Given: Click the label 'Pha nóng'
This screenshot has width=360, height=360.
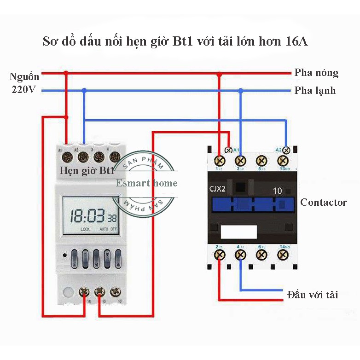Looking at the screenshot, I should (x=316, y=73).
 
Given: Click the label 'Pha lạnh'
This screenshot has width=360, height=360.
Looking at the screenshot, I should (x=315, y=90).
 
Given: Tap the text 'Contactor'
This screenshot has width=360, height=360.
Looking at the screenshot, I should (x=324, y=202).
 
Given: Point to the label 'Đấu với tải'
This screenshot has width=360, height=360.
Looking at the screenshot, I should (x=312, y=295).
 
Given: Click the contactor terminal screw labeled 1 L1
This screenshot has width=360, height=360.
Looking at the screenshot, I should (x=220, y=161).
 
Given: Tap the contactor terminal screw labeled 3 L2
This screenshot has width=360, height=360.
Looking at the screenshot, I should (x=240, y=161).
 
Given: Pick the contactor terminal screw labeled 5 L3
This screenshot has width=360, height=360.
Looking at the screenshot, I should (x=262, y=161).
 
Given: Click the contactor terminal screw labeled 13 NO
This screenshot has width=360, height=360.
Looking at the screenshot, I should (x=283, y=161).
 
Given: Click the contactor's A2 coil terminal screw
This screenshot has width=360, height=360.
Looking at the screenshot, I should (x=286, y=150).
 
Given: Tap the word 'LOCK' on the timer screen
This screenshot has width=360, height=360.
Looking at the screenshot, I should (x=85, y=229).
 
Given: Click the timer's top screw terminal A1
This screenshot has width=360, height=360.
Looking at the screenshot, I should (x=67, y=157).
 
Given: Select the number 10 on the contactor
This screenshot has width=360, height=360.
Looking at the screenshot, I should (x=278, y=191).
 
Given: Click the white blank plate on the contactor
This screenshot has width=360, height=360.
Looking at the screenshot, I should (x=239, y=232).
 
